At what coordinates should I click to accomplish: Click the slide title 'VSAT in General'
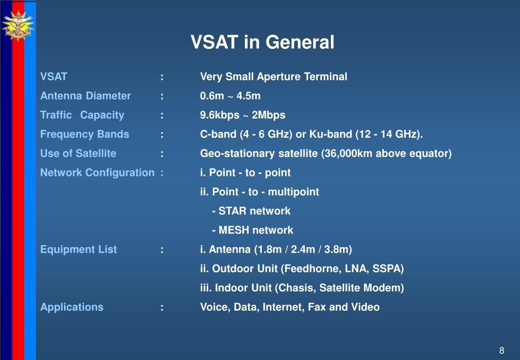point(262,42)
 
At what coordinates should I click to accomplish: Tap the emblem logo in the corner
point(18,25)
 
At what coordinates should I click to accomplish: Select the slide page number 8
point(502,350)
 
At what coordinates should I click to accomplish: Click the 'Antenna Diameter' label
point(85,96)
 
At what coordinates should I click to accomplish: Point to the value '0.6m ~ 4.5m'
point(230,96)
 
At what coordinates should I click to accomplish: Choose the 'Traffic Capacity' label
point(82,115)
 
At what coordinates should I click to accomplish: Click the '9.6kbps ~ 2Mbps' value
point(242,115)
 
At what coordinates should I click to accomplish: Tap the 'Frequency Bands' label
point(84,134)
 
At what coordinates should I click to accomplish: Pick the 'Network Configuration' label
point(97,172)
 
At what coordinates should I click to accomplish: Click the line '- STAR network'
point(251,211)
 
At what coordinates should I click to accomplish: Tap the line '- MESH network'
point(252,230)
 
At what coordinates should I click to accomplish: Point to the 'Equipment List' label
point(78,250)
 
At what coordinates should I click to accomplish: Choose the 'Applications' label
point(72,307)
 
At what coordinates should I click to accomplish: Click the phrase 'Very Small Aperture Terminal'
point(273,77)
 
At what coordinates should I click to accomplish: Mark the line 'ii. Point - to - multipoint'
point(259,192)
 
